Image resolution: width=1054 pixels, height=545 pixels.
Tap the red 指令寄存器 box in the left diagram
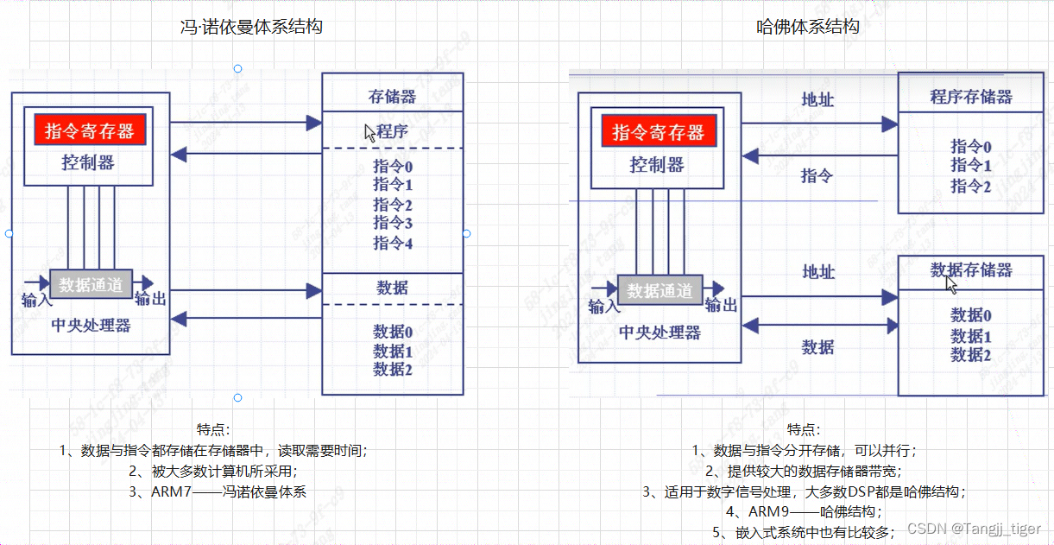pos(90,131)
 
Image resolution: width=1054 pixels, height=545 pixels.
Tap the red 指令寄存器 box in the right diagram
pos(658,132)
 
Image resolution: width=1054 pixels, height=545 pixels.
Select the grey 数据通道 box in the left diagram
pos(92,283)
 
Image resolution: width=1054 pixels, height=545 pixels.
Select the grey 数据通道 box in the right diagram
pos(660,291)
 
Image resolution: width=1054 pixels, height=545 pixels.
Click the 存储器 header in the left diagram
pos(392,96)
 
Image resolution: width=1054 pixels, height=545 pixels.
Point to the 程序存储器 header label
pos(971,96)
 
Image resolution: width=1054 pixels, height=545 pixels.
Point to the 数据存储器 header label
pos(971,270)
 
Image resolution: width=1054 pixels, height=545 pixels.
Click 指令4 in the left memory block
pos(393,243)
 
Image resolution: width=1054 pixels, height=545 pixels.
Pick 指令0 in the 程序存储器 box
pos(971,146)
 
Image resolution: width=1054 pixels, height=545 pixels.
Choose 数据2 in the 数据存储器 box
pos(971,355)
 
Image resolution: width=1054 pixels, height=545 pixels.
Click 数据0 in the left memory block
pos(393,331)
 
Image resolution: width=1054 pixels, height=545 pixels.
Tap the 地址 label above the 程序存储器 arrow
pos(817,99)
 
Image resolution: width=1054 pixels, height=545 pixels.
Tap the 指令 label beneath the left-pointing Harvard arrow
pos(817,176)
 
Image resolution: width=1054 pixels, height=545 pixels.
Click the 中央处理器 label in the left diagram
pos(92,326)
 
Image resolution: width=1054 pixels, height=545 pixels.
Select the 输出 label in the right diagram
pos(721,305)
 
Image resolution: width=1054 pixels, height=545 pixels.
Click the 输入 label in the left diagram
pos(38,299)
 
